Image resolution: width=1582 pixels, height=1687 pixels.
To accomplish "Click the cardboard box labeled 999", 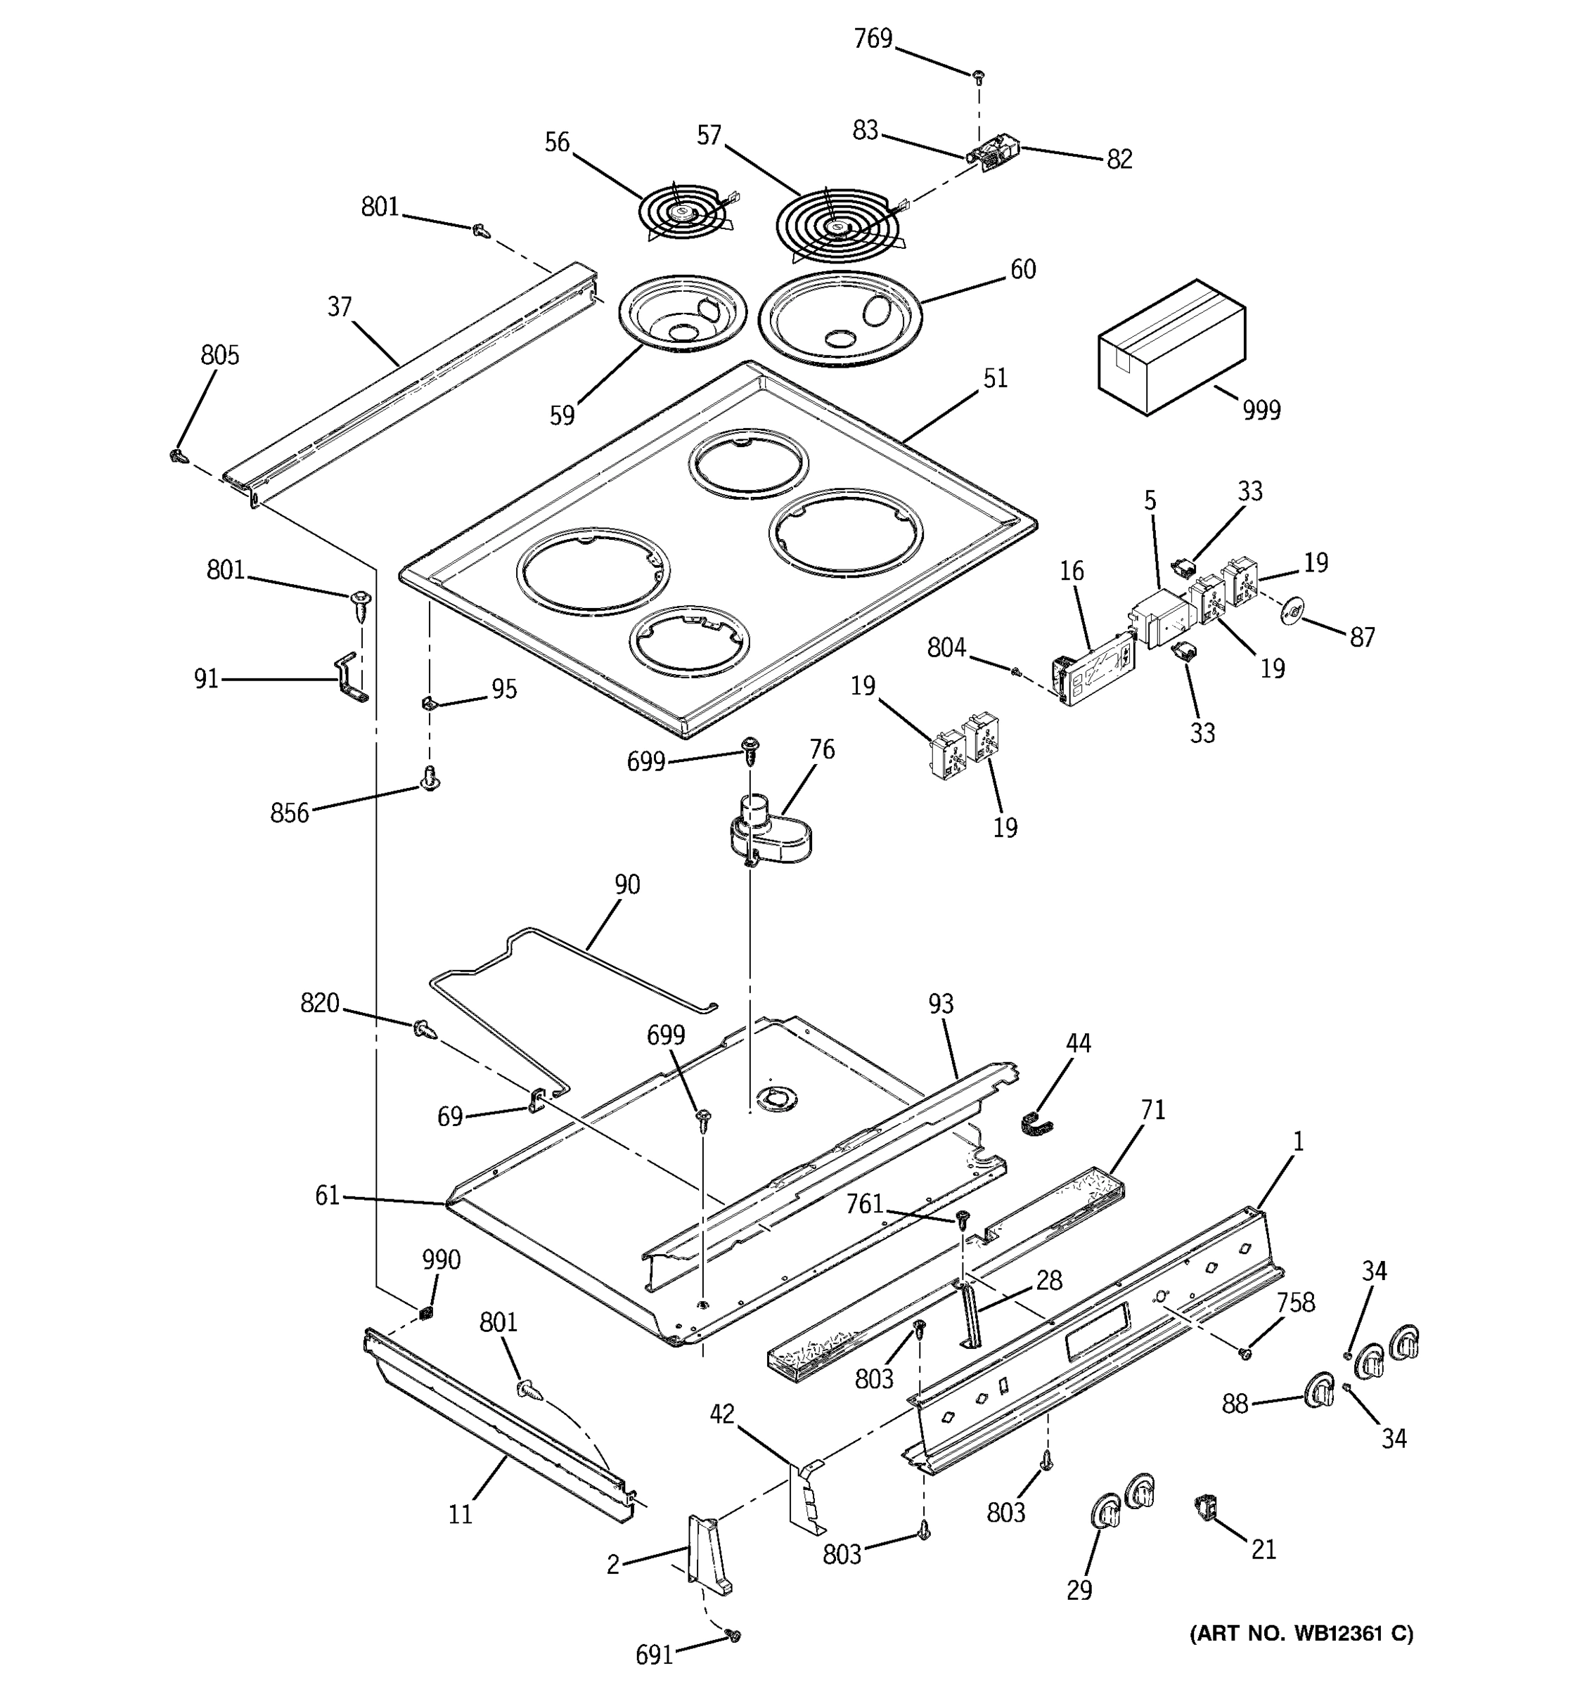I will [1171, 348].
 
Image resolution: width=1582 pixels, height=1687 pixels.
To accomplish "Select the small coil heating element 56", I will [684, 214].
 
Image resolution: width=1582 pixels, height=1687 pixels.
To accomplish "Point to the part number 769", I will [873, 39].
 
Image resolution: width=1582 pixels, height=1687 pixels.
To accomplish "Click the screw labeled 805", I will [177, 456].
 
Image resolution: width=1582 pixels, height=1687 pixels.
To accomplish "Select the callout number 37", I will [340, 306].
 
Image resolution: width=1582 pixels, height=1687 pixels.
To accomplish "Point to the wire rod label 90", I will [626, 884].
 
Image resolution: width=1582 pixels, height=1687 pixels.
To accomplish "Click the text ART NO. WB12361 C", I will [1301, 1634].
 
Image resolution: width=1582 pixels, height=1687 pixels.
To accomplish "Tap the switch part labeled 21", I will [1205, 1508].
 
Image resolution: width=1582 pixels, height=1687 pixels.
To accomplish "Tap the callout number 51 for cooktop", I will [995, 378].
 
